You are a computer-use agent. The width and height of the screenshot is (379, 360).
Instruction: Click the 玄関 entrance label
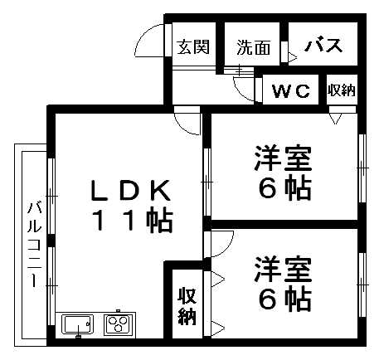click(x=193, y=46)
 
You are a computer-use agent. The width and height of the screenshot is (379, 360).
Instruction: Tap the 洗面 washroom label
click(x=254, y=47)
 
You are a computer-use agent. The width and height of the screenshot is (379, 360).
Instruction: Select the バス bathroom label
click(x=323, y=46)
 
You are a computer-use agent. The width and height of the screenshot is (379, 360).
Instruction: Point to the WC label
click(x=291, y=90)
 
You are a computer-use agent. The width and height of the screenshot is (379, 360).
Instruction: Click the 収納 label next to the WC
click(x=342, y=90)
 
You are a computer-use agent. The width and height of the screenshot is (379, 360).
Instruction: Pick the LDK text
click(x=131, y=190)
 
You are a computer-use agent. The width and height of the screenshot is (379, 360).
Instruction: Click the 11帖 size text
click(x=133, y=221)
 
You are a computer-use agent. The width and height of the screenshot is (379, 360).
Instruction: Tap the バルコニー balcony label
click(x=35, y=245)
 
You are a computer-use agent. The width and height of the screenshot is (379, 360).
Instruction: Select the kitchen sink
click(x=79, y=324)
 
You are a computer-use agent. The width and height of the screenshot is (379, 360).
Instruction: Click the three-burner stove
click(x=118, y=324)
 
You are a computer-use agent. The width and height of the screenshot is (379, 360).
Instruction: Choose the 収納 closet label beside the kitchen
click(x=187, y=306)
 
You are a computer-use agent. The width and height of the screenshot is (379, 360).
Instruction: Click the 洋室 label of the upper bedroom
click(x=283, y=158)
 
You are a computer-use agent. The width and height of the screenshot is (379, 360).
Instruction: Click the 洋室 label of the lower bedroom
click(x=283, y=269)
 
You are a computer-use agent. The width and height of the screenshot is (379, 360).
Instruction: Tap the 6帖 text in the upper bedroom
click(x=284, y=188)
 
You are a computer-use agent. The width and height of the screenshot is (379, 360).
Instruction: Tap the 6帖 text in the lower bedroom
click(x=284, y=299)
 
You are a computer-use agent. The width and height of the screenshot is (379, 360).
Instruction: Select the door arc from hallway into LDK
click(x=182, y=126)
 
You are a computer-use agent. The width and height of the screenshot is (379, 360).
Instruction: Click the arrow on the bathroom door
click(x=293, y=57)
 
